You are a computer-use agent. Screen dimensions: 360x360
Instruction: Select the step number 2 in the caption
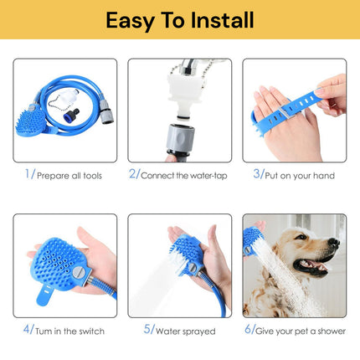coord(132,174)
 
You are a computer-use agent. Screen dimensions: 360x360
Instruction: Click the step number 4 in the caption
coord(28,330)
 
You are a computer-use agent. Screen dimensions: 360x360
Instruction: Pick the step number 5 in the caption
coord(147,330)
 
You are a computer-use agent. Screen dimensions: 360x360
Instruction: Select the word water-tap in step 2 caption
coord(195,176)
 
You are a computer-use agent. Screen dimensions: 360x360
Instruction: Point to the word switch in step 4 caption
coord(90,332)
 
